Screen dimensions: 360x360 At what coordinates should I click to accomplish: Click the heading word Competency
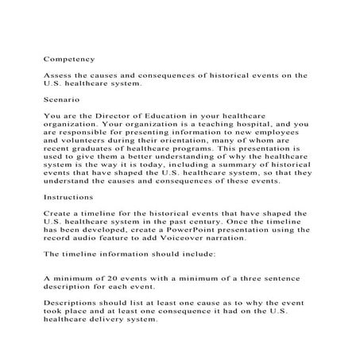[69, 59]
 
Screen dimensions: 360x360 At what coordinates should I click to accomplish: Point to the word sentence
[283, 277]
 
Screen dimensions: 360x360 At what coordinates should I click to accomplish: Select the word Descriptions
[72, 303]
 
